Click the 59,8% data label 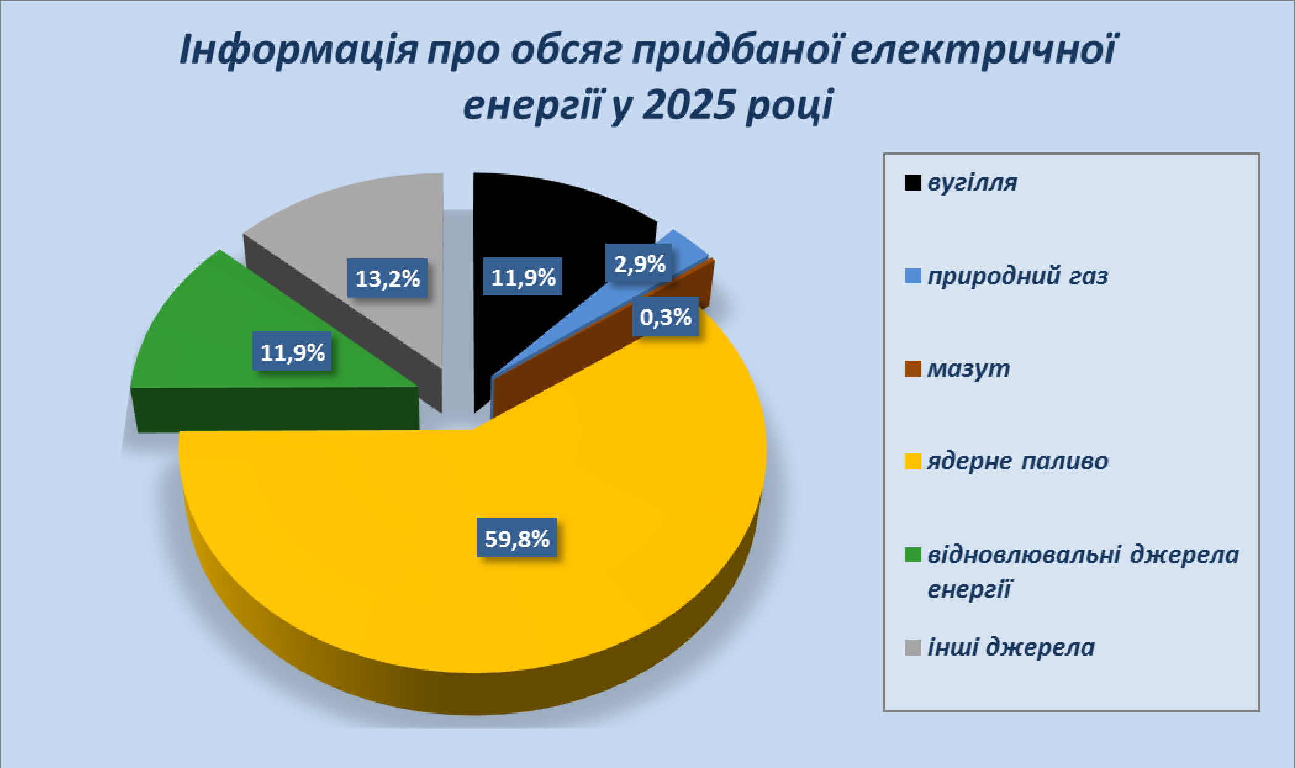(x=517, y=538)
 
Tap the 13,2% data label (x=387, y=278)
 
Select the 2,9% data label (x=639, y=263)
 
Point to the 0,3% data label (x=665, y=316)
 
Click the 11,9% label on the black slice (x=523, y=277)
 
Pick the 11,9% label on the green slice (x=292, y=352)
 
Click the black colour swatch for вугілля (x=912, y=183)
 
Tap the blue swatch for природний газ (x=912, y=276)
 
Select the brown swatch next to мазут (x=912, y=369)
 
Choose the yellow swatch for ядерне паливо (x=912, y=461)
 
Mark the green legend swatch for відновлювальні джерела (x=912, y=555)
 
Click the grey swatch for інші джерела (x=912, y=648)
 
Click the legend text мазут (x=969, y=368)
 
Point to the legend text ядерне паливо (x=1018, y=461)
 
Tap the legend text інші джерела (x=1011, y=647)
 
